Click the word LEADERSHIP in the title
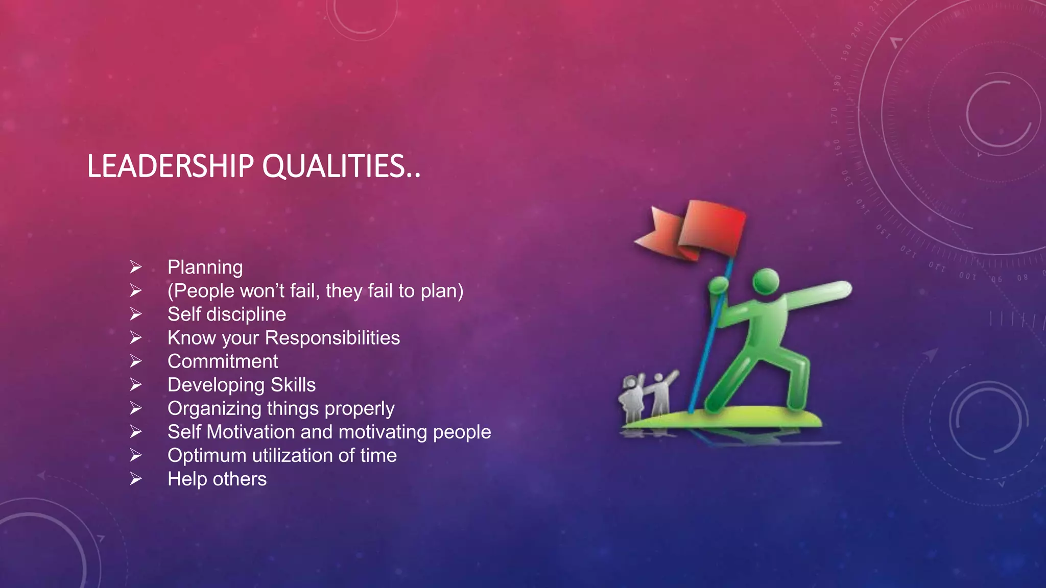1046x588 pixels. [x=170, y=166]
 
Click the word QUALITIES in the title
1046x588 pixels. [x=335, y=166]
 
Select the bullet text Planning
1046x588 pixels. [x=205, y=267]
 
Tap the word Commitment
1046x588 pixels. [x=223, y=361]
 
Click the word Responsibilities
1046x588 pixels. [x=332, y=338]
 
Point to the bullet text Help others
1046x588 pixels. [x=217, y=479]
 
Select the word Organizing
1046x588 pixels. [x=215, y=409]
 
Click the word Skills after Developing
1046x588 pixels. [x=293, y=385]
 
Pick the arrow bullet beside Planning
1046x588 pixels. [x=135, y=267]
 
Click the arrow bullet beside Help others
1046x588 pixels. [x=135, y=479]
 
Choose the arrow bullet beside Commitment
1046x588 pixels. [x=135, y=361]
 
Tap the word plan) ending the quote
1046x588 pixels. [x=442, y=291]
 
